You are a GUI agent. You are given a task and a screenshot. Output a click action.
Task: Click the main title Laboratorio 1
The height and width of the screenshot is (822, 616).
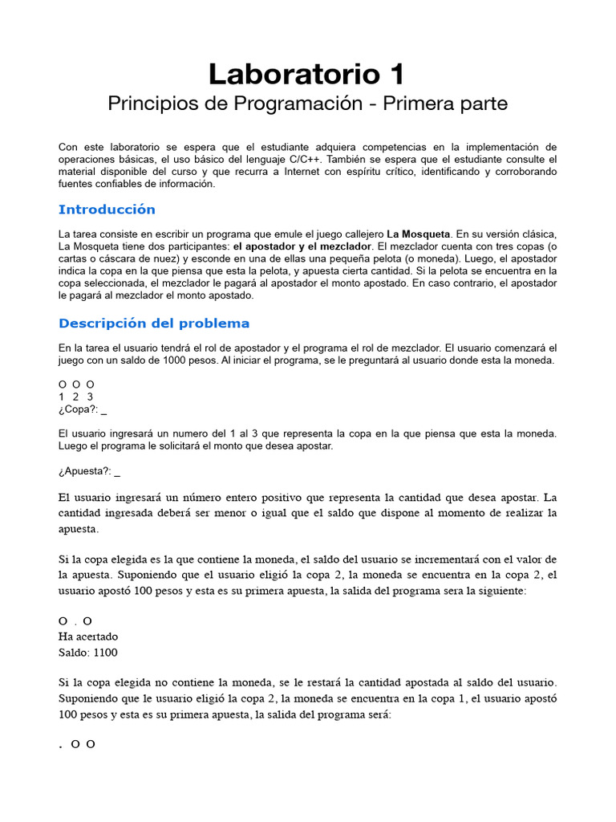click(x=307, y=75)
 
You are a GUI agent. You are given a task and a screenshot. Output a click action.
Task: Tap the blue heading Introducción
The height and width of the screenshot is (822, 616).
click(x=107, y=210)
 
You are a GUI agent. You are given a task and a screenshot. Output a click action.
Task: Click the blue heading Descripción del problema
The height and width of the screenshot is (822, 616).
click(x=154, y=324)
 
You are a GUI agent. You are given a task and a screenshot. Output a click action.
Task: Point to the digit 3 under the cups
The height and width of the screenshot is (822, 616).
click(x=91, y=397)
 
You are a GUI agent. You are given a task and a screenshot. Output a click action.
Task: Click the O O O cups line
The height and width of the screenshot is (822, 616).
click(x=77, y=385)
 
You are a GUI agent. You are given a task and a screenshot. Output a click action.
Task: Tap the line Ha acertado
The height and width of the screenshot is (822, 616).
click(x=88, y=637)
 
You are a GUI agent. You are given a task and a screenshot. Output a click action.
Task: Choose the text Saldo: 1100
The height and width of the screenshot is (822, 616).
click(x=88, y=652)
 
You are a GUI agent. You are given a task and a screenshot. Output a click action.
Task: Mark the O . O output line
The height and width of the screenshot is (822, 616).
click(x=76, y=621)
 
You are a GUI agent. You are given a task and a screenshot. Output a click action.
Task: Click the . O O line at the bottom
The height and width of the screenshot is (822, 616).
click(x=77, y=744)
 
